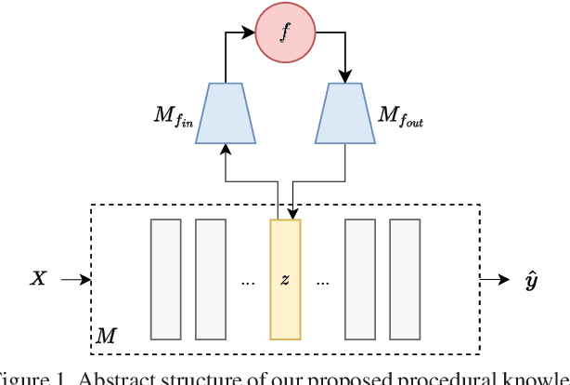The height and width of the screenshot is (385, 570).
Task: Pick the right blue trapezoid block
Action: coord(345,114)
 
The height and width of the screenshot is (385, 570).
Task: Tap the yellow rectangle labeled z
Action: coord(285,278)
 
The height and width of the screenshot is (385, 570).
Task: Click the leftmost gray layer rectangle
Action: coord(165,278)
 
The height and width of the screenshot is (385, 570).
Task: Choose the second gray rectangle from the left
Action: coord(210,278)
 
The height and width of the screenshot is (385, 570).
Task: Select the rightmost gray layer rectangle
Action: coord(405,278)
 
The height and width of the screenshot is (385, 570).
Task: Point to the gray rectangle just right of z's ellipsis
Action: coord(360,278)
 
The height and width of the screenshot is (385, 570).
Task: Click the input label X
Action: coord(38,278)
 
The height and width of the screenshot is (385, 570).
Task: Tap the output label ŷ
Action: coord(530,279)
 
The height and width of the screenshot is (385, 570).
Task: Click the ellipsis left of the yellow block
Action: coord(247,281)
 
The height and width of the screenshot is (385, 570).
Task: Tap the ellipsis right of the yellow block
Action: coord(322,281)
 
